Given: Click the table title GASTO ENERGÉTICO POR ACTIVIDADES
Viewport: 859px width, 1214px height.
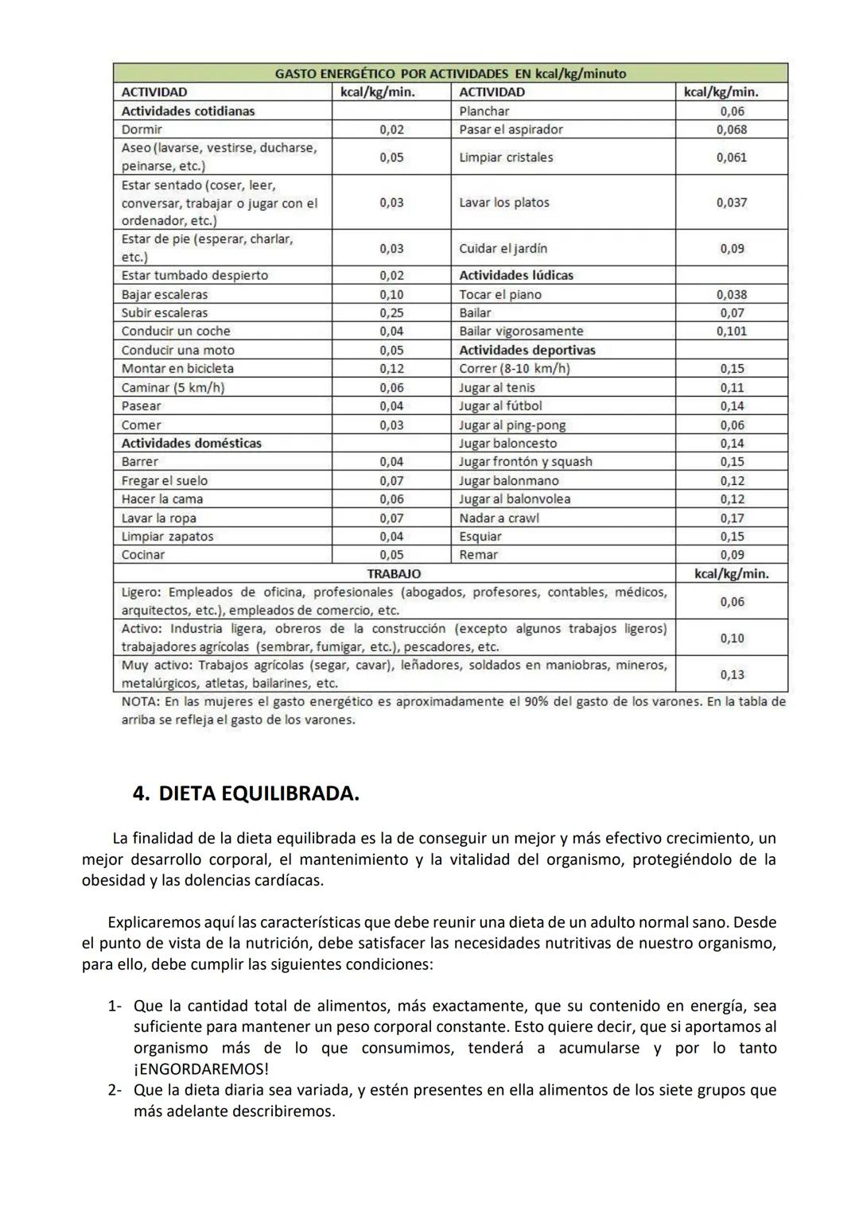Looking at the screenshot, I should [x=450, y=73].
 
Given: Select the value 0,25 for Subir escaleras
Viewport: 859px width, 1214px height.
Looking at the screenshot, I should [x=391, y=312].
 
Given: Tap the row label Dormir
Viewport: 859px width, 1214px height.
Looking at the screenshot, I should [x=142, y=130].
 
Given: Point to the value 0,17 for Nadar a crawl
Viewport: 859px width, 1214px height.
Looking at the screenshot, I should [x=732, y=518].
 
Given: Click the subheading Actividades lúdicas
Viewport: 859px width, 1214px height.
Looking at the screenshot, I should [x=515, y=275].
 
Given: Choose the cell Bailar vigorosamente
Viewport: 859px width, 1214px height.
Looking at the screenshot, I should [x=521, y=331].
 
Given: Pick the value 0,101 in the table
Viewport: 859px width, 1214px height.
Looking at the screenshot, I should [x=732, y=331].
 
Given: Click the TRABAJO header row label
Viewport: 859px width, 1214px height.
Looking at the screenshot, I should [x=394, y=573].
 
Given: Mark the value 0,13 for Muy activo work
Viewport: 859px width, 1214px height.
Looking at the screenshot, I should [x=732, y=674].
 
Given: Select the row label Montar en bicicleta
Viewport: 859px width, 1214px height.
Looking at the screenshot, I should [x=177, y=368].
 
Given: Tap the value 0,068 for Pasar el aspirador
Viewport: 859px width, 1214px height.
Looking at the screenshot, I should [x=732, y=130].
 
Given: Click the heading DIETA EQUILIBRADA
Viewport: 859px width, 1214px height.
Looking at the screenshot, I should [x=258, y=793].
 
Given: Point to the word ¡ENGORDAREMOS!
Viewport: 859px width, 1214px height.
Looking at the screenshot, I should [x=200, y=1069].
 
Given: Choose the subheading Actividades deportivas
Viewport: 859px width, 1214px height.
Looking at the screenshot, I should [x=527, y=350].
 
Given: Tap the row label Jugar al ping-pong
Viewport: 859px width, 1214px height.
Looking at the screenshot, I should [x=512, y=425].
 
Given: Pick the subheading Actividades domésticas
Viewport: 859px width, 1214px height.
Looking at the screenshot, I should [x=191, y=443].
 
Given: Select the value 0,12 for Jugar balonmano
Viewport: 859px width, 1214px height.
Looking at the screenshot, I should [x=732, y=480].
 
